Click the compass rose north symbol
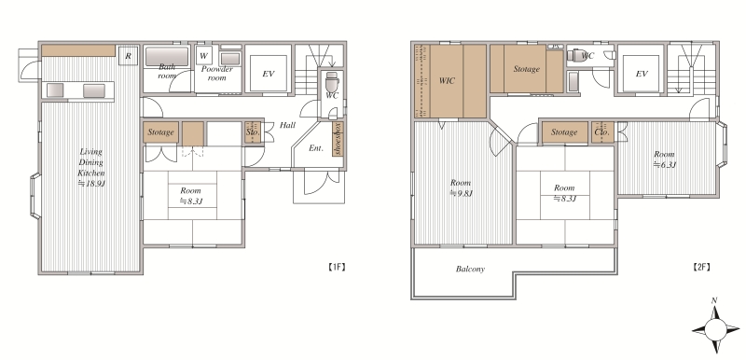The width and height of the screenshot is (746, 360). tap(715, 328)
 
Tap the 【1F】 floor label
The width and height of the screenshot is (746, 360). tap(337, 267)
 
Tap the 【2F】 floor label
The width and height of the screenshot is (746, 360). tap(701, 267)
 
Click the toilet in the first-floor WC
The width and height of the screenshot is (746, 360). tap(332, 84)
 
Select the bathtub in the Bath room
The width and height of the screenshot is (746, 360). tap(167, 57)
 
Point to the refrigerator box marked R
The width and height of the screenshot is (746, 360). tap(129, 55)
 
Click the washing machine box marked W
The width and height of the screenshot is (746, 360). tap(203, 55)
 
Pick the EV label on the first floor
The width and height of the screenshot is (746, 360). tap(269, 74)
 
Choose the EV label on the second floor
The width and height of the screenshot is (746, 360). tap(642, 74)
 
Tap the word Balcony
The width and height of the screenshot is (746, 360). tap(470, 270)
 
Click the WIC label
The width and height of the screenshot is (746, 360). tap(447, 81)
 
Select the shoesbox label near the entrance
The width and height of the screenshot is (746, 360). tap(338, 138)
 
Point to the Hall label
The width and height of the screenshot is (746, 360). tap(287, 125)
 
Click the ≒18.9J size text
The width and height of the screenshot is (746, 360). tap(90, 182)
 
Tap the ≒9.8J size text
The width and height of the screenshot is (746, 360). tap(461, 193)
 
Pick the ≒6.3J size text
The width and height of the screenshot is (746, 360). tap(664, 165)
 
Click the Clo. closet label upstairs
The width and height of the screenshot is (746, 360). tap(601, 132)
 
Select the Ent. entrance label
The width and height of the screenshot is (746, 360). tap(316, 148)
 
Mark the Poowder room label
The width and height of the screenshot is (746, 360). tap(217, 74)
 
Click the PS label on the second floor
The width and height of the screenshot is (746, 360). tap(555, 47)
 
